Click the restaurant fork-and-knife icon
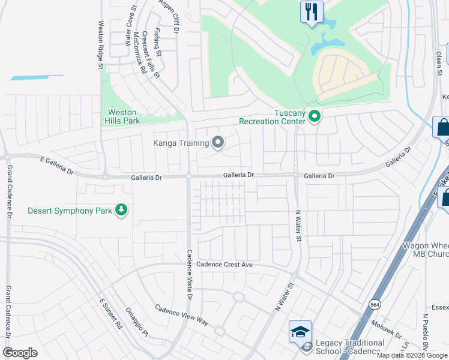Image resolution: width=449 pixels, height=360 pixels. click(x=311, y=12)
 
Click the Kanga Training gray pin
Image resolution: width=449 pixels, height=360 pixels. click(x=218, y=142)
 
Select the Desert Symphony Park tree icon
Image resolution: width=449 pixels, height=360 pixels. click(x=121, y=210)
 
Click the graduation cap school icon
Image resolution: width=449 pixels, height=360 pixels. click(x=300, y=331)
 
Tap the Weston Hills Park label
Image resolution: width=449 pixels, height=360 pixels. click(x=124, y=116)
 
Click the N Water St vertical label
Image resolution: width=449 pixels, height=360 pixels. click(x=297, y=226)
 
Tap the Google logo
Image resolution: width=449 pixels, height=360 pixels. click(x=20, y=353)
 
